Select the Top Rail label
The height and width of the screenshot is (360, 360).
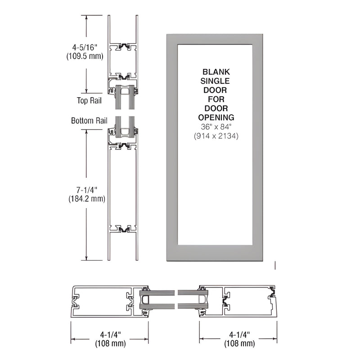89,101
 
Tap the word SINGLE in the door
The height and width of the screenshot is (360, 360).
216,81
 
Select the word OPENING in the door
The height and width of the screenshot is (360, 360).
216,117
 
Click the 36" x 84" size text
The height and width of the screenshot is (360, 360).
216,127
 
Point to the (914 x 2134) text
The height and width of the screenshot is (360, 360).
216,136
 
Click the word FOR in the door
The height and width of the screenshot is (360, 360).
216,99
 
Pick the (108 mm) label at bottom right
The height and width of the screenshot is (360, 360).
237,344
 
